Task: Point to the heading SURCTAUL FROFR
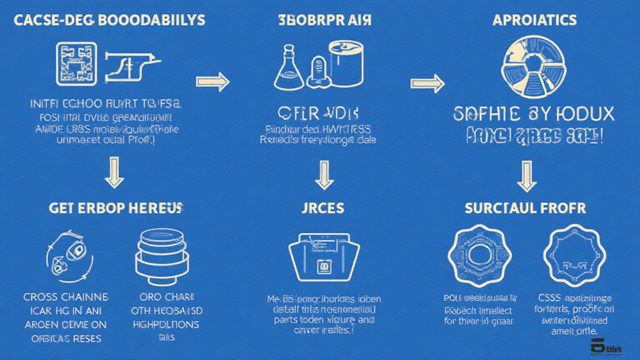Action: (x=526, y=209)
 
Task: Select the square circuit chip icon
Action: (x=76, y=64)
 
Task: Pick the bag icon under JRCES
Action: (x=324, y=256)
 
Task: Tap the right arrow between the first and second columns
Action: (x=212, y=81)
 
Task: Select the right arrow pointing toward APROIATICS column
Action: (x=427, y=82)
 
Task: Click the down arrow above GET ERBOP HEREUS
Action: (x=114, y=172)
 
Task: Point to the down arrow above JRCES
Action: (x=324, y=173)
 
